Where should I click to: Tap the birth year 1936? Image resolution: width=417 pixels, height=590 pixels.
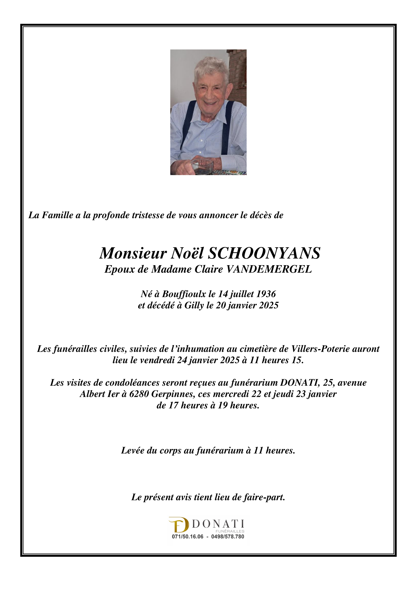coord(266,294)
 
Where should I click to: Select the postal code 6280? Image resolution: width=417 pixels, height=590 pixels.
coord(139,394)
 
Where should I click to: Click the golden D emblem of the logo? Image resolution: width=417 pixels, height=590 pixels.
coord(179,525)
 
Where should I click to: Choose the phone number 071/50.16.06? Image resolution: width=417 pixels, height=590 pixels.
coord(188,537)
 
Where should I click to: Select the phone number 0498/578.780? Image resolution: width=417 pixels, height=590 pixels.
coord(228,537)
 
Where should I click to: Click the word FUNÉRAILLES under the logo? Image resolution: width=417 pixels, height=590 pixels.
coord(230,531)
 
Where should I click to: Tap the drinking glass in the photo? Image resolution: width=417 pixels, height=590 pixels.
coord(202,166)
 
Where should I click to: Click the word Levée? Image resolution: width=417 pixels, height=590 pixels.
coord(132,450)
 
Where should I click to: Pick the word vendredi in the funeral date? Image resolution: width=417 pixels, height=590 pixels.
coord(157,360)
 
